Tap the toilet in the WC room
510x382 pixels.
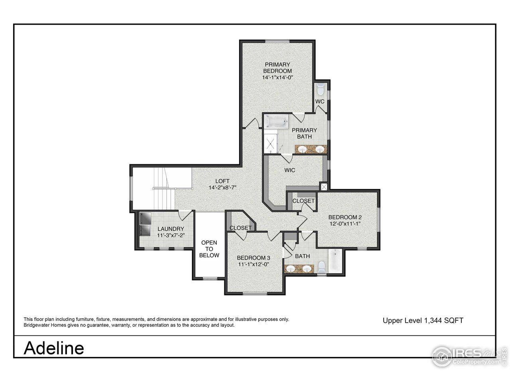click(321, 88)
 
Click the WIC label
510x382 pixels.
click(290, 170)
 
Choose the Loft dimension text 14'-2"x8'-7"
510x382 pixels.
click(223, 187)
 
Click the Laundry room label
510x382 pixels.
click(171, 229)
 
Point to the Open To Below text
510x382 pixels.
click(209, 249)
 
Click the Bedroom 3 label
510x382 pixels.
click(254, 257)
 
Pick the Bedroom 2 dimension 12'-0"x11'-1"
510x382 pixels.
click(345, 224)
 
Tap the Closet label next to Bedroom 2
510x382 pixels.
click(303, 201)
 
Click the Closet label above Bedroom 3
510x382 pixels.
click(241, 228)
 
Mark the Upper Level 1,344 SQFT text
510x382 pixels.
click(423, 320)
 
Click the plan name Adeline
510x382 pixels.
click(54, 348)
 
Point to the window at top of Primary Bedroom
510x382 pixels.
click(277, 41)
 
